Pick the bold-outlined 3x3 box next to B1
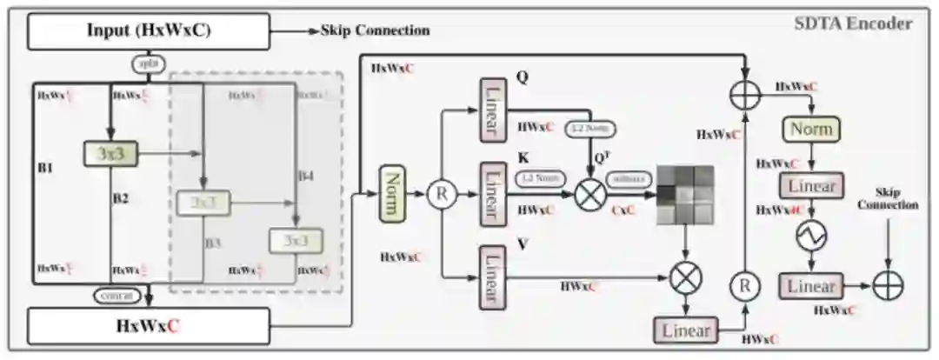[x=111, y=154]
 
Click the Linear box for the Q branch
[x=493, y=109]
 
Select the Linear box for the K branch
[x=493, y=192]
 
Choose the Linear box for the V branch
[x=493, y=276]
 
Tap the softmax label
[x=624, y=177]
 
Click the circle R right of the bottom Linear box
[x=743, y=284]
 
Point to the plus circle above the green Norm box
[x=744, y=96]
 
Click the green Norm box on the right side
[x=812, y=130]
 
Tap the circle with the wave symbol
[x=812, y=236]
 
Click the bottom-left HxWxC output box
[x=149, y=325]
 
